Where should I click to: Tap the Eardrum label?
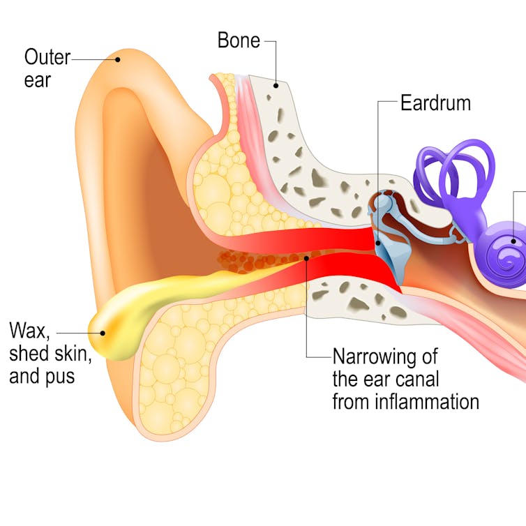(x=435, y=104)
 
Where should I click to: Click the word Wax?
(x=29, y=330)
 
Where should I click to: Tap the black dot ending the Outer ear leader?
(x=118, y=59)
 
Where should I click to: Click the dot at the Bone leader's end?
(x=276, y=86)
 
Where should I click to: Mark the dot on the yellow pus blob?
(x=103, y=333)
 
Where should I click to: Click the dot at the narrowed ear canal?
(x=307, y=259)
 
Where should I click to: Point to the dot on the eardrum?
(x=378, y=242)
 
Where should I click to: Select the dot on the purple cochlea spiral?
(x=515, y=241)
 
